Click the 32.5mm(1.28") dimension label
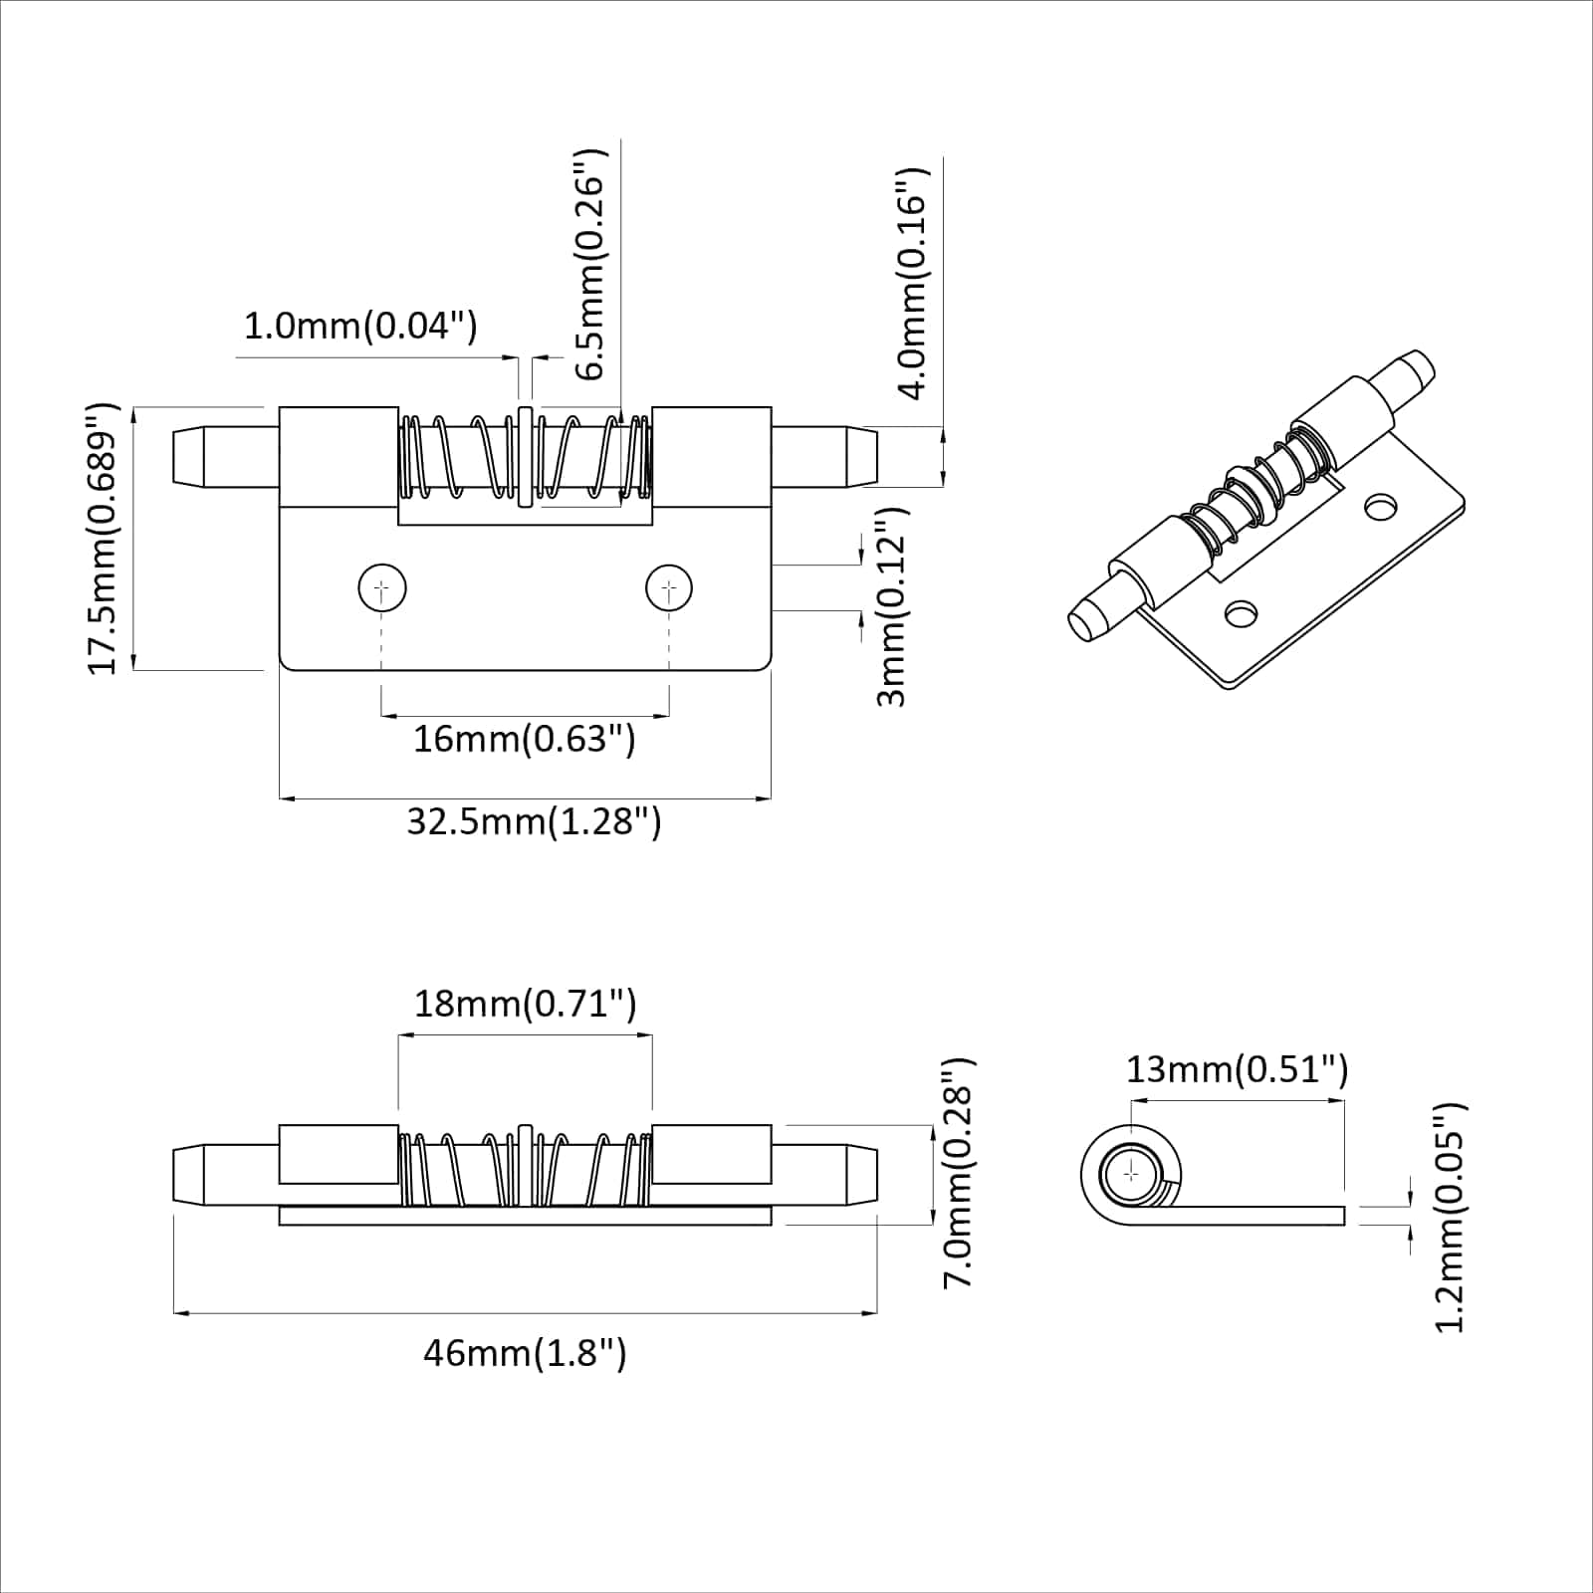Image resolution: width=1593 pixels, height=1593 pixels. click(534, 822)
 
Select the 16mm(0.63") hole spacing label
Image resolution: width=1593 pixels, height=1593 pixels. click(524, 740)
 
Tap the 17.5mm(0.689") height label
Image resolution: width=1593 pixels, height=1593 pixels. click(104, 539)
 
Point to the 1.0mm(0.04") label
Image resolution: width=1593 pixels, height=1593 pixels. click(360, 326)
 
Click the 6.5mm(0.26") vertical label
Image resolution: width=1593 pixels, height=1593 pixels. click(590, 265)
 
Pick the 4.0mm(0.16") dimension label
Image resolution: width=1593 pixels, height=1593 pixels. click(913, 284)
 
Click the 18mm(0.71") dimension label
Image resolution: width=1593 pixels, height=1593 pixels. click(525, 1004)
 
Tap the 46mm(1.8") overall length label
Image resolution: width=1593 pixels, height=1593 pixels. click(525, 1354)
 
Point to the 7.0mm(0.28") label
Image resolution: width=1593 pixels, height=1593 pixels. click(958, 1173)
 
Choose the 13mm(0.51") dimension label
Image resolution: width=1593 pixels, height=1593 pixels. click(1237, 1070)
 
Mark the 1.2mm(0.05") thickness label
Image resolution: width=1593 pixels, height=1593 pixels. click(1451, 1217)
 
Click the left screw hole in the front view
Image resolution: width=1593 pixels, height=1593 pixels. click(382, 589)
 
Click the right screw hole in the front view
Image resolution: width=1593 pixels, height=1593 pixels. click(669, 589)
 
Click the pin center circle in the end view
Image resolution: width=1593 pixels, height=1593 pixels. click(1132, 1174)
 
